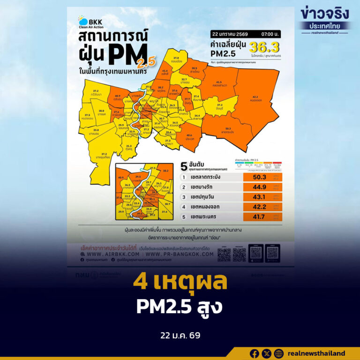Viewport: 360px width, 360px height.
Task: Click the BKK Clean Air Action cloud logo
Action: coord(82,20)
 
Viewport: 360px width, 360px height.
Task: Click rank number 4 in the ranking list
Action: coord(186,207)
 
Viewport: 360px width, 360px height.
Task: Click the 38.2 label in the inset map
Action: coord(165,171)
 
